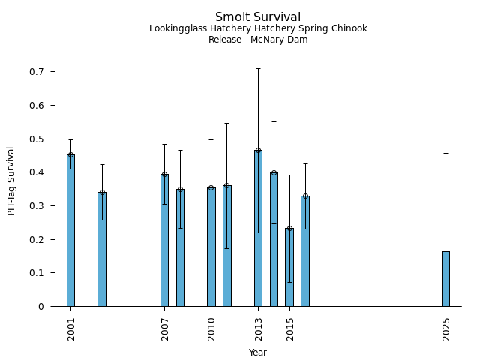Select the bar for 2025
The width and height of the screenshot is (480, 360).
445,279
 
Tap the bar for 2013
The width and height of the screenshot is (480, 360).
258,228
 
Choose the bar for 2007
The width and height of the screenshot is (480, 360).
164,240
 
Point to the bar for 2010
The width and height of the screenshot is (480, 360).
211,247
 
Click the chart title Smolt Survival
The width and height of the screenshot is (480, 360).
258,17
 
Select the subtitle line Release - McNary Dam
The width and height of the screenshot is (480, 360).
258,40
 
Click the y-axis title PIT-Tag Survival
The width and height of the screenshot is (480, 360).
12,181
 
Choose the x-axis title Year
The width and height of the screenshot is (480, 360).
258,352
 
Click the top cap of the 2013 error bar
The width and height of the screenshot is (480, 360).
258,68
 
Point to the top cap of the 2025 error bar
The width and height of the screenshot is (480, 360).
445,153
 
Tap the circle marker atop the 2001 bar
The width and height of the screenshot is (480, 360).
70,155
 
